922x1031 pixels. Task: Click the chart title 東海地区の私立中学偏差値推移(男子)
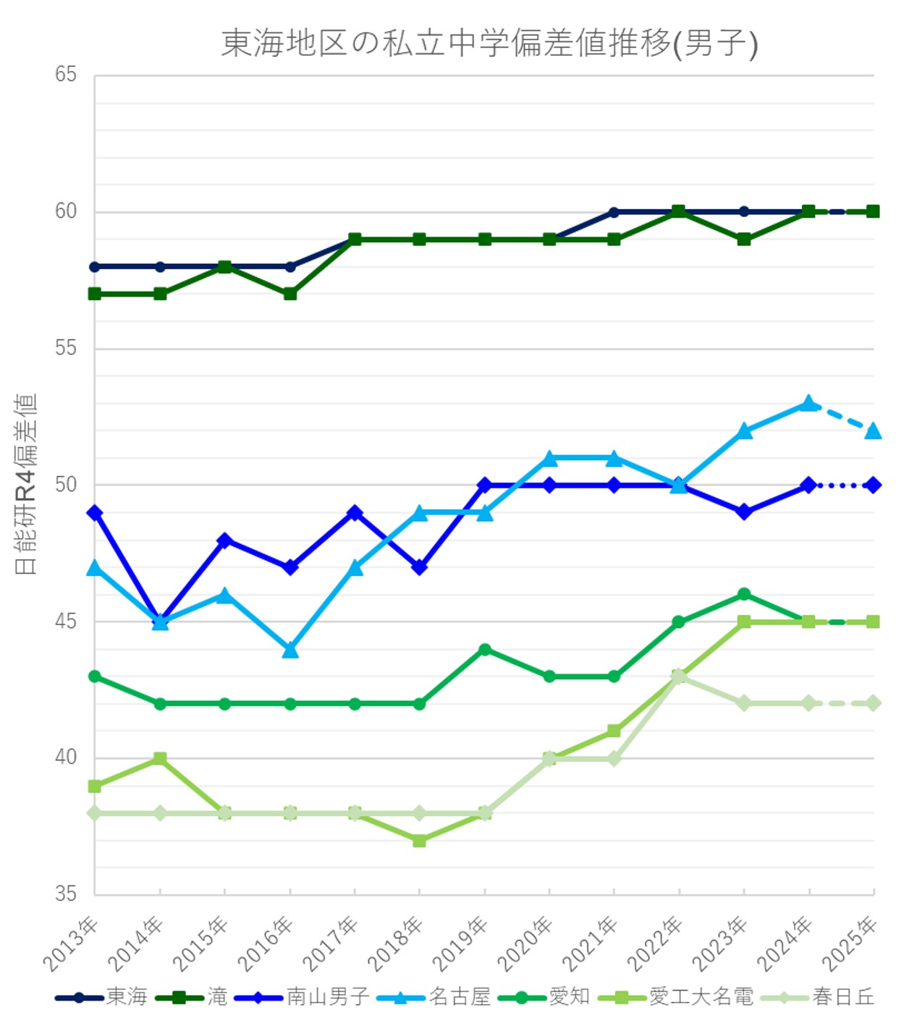pyautogui.click(x=489, y=43)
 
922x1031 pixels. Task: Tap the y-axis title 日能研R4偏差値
pyautogui.click(x=26, y=484)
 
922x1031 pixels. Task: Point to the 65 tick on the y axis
pyautogui.click(x=65, y=75)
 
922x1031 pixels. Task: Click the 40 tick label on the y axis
pyautogui.click(x=65, y=758)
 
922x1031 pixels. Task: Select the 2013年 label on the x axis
pyautogui.click(x=72, y=943)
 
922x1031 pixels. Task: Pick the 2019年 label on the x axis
pyautogui.click(x=461, y=943)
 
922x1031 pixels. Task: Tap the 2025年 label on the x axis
pyautogui.click(x=850, y=943)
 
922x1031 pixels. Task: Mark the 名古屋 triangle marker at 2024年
pyautogui.click(x=809, y=403)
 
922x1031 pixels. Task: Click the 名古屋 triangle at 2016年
pyautogui.click(x=290, y=650)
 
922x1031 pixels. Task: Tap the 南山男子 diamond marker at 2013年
pyautogui.click(x=95, y=513)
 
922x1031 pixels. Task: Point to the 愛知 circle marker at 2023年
pyautogui.click(x=744, y=595)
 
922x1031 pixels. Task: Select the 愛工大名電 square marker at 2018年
pyautogui.click(x=420, y=841)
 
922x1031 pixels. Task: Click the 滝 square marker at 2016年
pyautogui.click(x=290, y=294)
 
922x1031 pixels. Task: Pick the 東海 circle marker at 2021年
pyautogui.click(x=614, y=212)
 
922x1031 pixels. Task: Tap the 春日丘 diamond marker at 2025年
pyautogui.click(x=874, y=703)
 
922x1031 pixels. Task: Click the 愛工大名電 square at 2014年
pyautogui.click(x=160, y=758)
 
